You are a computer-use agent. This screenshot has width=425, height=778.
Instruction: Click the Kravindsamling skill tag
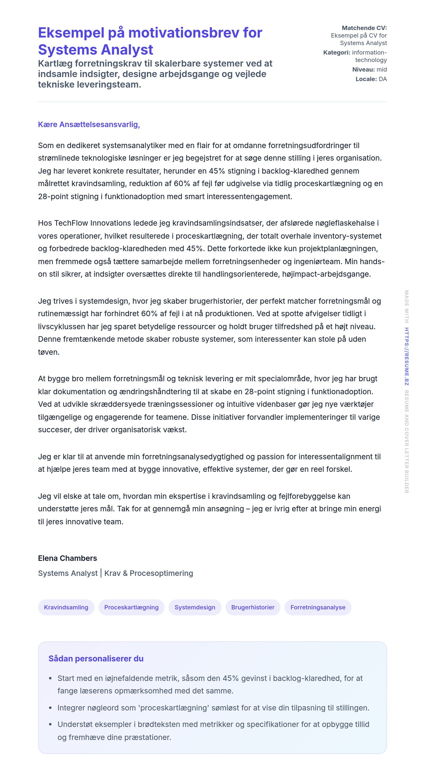coord(66,607)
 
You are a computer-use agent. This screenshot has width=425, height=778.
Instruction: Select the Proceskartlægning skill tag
coord(131,607)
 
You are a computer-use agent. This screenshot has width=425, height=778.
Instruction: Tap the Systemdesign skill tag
coord(195,607)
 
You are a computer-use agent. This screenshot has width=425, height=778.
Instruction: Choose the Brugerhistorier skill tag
coord(253,607)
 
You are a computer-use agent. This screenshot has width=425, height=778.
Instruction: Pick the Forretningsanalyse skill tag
coord(317,607)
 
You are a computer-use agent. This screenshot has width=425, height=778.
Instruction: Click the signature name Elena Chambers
coord(67,558)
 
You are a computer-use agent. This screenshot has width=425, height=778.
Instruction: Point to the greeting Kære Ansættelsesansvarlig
coord(89,124)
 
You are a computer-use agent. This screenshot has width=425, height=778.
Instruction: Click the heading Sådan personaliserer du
coord(96,658)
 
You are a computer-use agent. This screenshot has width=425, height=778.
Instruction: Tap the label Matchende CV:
coord(364,28)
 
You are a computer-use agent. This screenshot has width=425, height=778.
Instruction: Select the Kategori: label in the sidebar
coord(336,53)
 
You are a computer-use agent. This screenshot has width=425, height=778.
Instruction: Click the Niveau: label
coord(363,70)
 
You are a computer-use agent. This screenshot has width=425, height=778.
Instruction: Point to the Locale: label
coord(366,79)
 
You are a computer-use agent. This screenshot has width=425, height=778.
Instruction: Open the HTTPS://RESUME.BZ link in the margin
coord(406,356)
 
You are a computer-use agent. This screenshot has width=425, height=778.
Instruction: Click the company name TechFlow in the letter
coord(71,223)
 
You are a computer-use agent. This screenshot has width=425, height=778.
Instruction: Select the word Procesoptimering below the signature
coord(161,573)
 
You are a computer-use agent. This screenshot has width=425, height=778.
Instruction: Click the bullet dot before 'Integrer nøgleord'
coord(50,708)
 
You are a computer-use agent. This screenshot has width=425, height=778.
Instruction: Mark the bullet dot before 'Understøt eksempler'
coord(50,724)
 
